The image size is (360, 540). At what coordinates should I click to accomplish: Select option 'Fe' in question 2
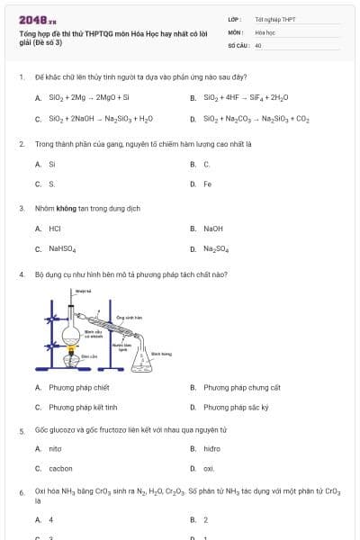pyautogui.click(x=208, y=184)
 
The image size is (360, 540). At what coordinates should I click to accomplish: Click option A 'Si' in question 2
pyautogui.click(x=51, y=164)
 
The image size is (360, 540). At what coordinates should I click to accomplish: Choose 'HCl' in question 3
pyautogui.click(x=55, y=229)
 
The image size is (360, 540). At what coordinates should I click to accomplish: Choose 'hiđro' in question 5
pyautogui.click(x=212, y=448)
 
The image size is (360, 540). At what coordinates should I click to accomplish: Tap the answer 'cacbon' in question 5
pyautogui.click(x=61, y=469)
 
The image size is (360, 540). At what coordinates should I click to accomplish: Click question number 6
pyautogui.click(x=21, y=491)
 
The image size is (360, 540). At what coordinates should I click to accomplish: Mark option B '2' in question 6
pyautogui.click(x=206, y=520)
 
